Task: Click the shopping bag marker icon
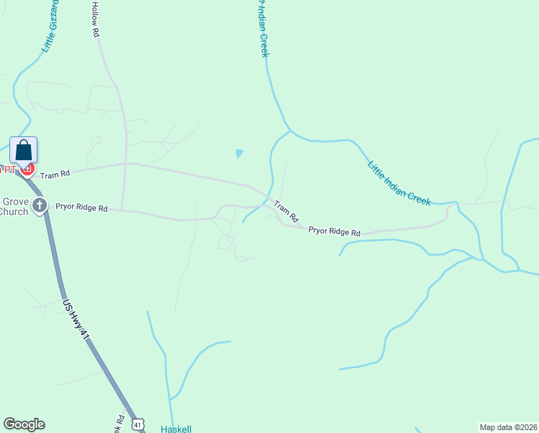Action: (23, 151)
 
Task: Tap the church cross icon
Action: (40, 206)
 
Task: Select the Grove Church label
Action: (14, 207)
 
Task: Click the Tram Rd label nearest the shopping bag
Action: (55, 174)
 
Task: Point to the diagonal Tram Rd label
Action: (285, 211)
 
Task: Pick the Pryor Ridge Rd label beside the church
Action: (81, 209)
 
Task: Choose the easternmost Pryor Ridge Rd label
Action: (334, 232)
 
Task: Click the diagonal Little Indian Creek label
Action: (398, 183)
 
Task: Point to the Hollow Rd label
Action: (94, 18)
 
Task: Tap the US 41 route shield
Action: (138, 425)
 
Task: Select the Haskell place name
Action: (176, 429)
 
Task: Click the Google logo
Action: (24, 424)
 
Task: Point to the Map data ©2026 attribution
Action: (508, 427)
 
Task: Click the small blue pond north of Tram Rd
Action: (239, 153)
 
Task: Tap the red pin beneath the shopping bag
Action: (27, 170)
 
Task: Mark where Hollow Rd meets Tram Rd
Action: (126, 164)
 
